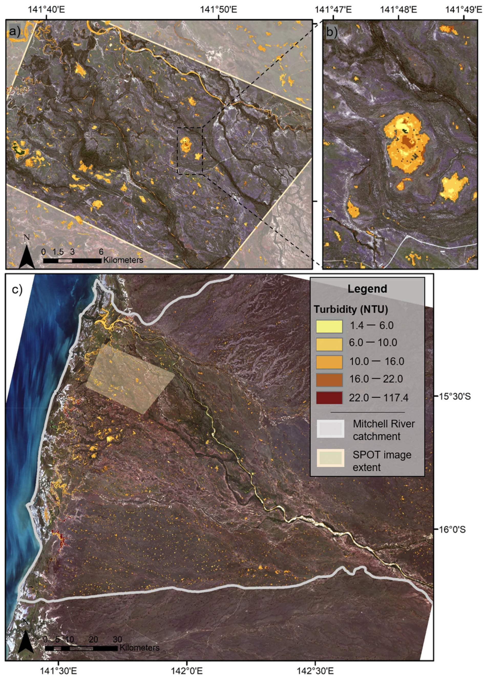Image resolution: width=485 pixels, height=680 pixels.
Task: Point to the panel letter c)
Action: click(x=17, y=290)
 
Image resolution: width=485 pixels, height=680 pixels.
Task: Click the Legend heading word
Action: click(x=367, y=289)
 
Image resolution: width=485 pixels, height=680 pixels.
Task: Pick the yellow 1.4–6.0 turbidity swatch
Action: click(x=329, y=326)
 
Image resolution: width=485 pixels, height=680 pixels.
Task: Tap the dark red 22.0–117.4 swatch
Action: click(x=329, y=398)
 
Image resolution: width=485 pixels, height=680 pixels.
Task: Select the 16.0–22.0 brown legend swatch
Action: click(x=329, y=380)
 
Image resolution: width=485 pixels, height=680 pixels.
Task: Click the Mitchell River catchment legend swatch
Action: click(x=330, y=429)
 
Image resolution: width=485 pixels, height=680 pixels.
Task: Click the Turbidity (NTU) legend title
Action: click(x=351, y=310)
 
